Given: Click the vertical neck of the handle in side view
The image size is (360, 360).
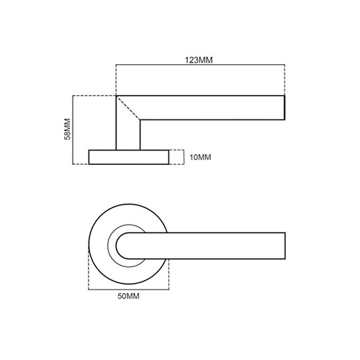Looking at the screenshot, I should click(126, 130).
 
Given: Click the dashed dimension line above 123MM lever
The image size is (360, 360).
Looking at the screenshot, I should click(200, 67).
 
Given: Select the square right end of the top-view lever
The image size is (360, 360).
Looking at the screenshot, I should click(285, 244).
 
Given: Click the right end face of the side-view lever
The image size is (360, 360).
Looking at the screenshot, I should click(285, 107).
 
